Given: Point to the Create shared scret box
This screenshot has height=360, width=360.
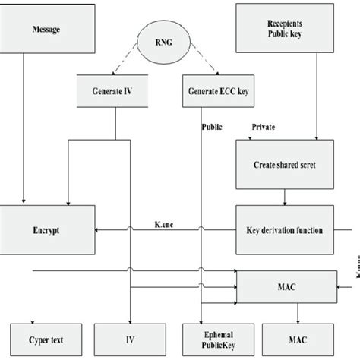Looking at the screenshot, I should coord(285,164).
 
